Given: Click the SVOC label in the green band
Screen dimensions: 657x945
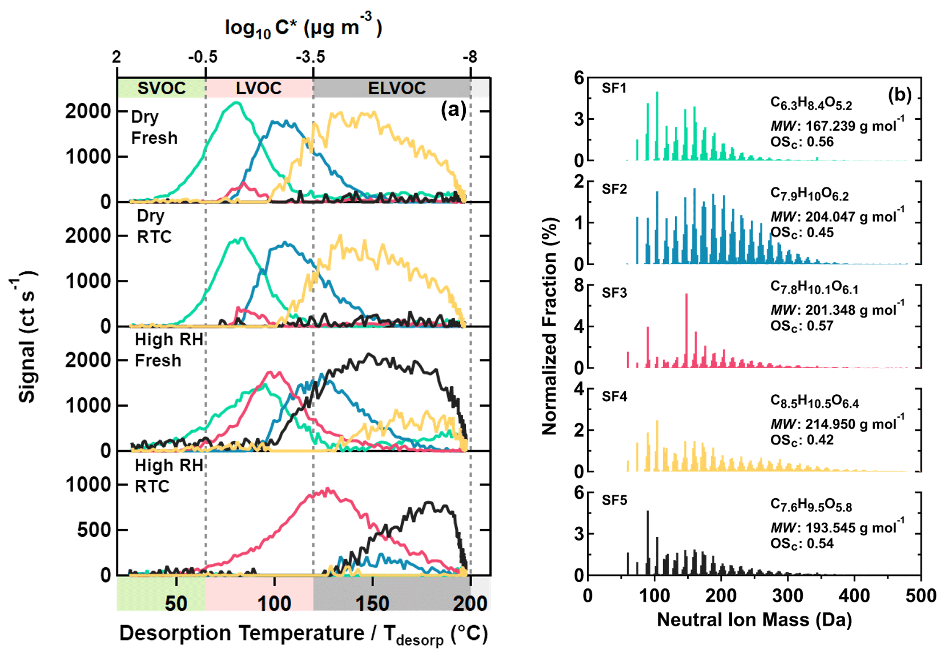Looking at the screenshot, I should click(162, 88).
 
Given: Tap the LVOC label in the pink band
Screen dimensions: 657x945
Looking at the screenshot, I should click(259, 88).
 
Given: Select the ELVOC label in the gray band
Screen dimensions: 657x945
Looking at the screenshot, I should click(397, 88).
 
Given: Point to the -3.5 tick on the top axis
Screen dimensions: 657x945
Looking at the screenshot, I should click(311, 57).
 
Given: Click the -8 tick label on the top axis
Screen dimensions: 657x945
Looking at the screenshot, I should click(469, 57).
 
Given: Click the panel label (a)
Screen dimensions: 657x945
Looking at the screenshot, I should click(453, 109).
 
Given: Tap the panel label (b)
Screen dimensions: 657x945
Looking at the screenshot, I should click(899, 95).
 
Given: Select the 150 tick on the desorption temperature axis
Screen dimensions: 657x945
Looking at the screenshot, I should click(372, 603).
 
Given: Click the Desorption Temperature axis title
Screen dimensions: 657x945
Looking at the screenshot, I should click(303, 634).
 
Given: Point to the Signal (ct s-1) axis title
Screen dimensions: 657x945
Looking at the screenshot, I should click(26, 337).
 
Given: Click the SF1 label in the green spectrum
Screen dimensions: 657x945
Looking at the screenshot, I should click(614, 88).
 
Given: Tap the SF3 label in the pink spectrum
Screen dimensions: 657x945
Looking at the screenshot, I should click(614, 293).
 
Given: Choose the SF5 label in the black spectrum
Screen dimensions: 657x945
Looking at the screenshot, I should click(614, 500).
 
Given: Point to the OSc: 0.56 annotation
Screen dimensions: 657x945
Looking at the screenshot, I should click(802, 142).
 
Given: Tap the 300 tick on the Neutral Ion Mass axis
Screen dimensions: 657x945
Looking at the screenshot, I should click(787, 596).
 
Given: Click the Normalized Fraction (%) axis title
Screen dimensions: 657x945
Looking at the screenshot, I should click(549, 326).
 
